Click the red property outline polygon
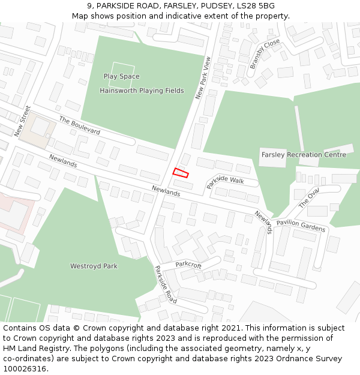pos(181,173)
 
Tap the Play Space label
pos(121,76)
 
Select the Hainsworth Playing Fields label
pos(142,91)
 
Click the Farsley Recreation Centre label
pos(304,154)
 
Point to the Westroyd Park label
pos(94,266)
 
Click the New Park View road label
pos(203,78)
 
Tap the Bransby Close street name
pos(265,54)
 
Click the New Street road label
pos(22,121)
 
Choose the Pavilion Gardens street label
pos(301,226)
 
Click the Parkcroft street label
pos(188,265)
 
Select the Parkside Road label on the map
pos(166,284)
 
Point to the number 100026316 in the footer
pos(25,368)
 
